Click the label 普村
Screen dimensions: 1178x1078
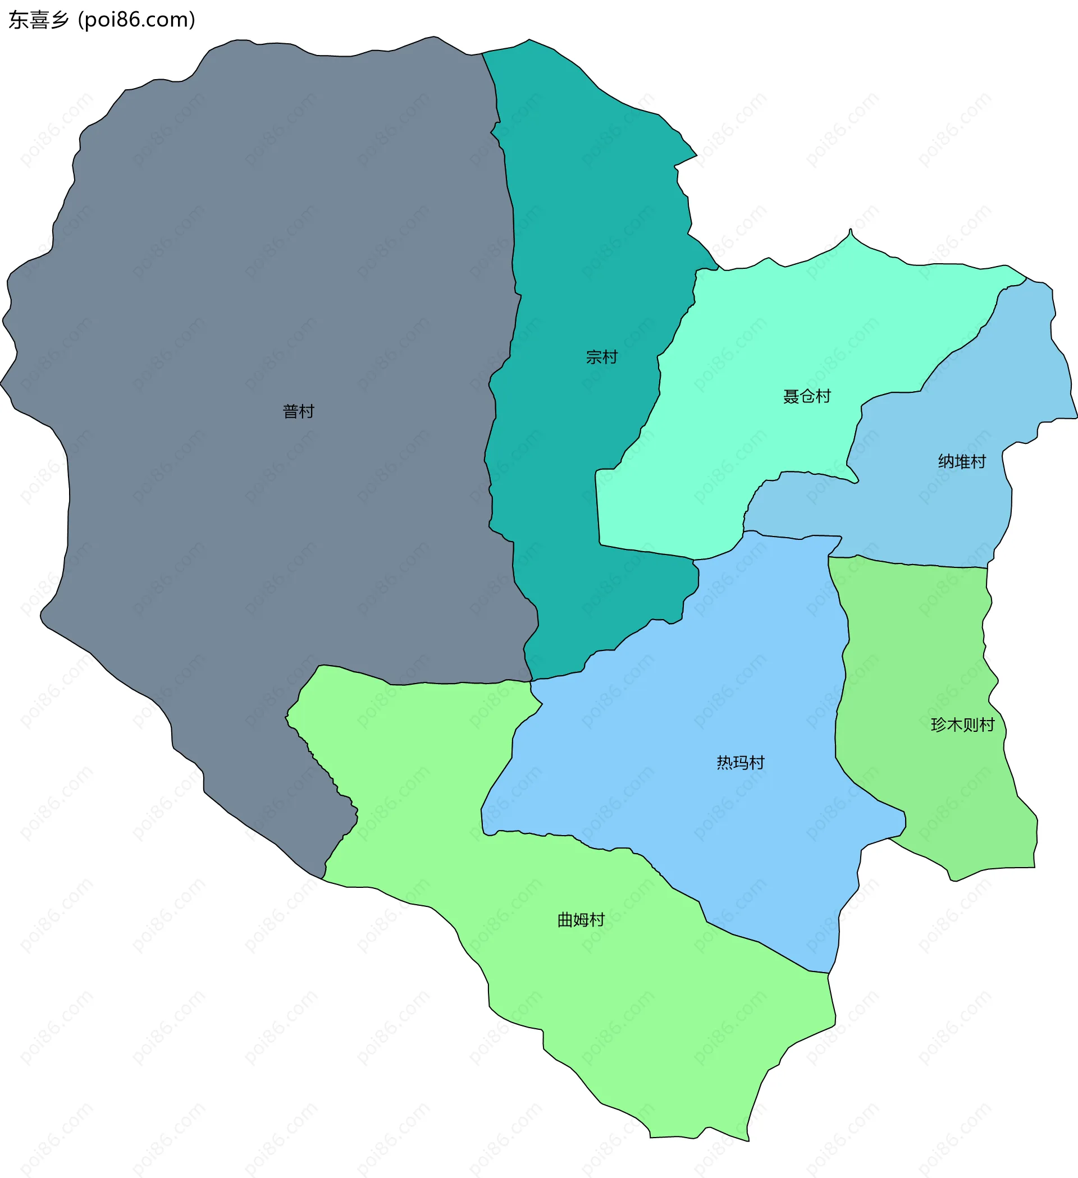(x=298, y=411)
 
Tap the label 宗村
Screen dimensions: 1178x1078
(x=601, y=357)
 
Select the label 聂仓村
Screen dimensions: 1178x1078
(x=807, y=396)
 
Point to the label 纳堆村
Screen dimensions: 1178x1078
(x=962, y=462)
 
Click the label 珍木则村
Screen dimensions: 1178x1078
(x=962, y=725)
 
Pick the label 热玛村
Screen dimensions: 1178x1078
(x=741, y=763)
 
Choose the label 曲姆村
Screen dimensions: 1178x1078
(x=581, y=920)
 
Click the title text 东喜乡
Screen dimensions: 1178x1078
(x=39, y=20)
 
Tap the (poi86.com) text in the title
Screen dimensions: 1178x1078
(x=137, y=20)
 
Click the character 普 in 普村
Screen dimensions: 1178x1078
(x=290, y=411)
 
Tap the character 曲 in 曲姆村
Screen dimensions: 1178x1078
(x=565, y=920)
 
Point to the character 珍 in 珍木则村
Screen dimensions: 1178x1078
(x=938, y=725)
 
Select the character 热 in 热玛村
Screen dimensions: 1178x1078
(x=725, y=763)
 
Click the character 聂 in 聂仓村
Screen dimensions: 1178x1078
(x=791, y=396)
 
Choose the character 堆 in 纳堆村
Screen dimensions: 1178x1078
(x=962, y=462)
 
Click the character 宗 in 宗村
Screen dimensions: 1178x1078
(x=594, y=357)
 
